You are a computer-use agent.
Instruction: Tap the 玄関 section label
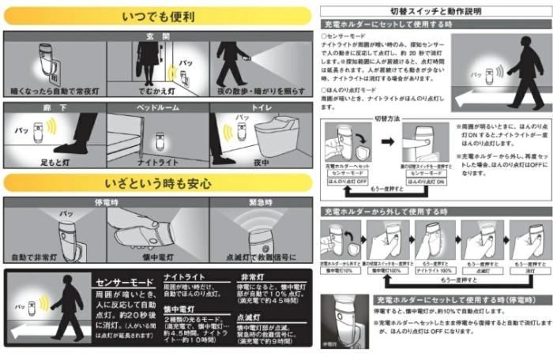159,36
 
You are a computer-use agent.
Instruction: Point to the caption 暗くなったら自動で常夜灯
55,92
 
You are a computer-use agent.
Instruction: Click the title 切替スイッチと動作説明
435,10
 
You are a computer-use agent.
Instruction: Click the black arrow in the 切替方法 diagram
386,144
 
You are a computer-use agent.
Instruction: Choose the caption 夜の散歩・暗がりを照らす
261,92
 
